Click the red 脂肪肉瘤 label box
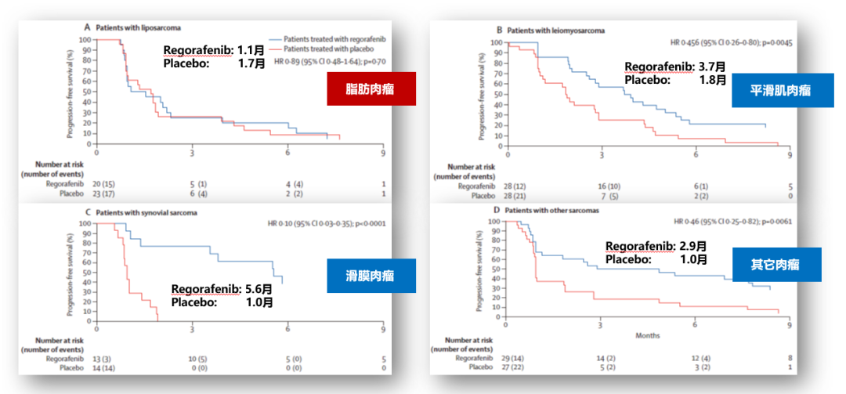tap(370, 90)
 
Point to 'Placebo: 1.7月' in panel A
tap(215, 63)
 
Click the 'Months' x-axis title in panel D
tap(647, 336)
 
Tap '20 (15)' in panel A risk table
tap(102, 184)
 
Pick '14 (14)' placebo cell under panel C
tap(102, 367)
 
